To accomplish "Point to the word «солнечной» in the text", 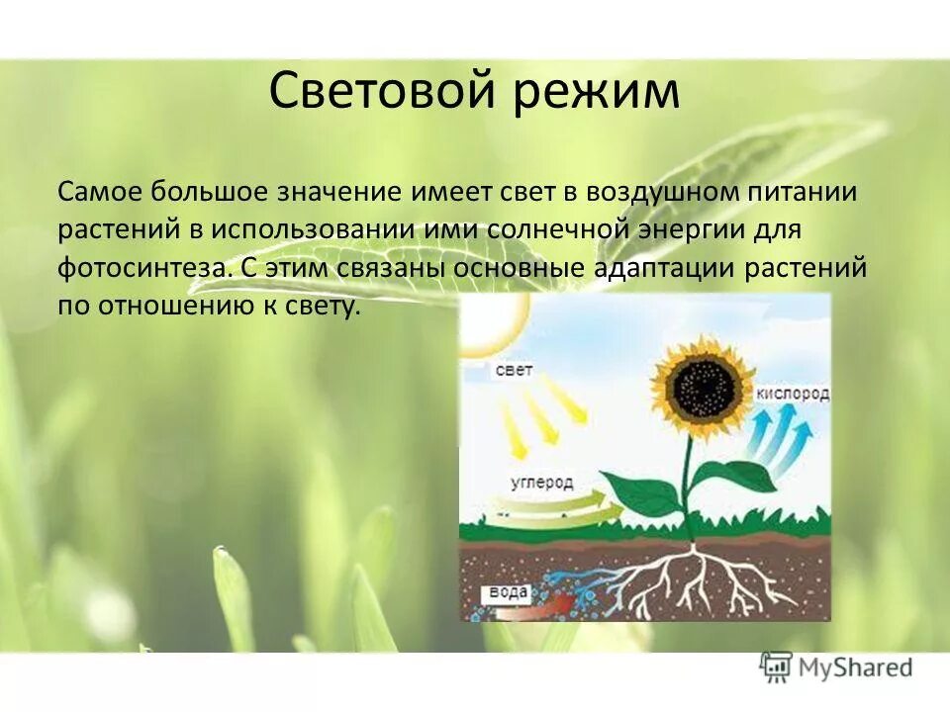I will point(555,229).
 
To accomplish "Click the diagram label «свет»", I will point(514,371).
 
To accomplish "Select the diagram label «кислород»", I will point(792,394).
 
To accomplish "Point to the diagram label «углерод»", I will point(541,483).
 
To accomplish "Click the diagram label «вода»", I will point(508,593).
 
